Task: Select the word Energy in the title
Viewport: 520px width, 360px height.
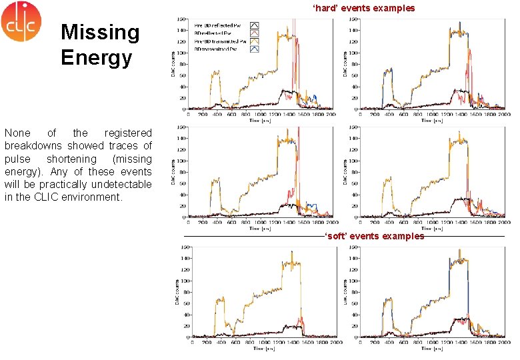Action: coord(96,57)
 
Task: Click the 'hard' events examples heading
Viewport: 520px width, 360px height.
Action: coord(364,8)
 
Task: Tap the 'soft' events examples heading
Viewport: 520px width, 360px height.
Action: coord(374,236)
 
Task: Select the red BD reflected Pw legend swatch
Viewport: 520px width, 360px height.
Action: coord(254,33)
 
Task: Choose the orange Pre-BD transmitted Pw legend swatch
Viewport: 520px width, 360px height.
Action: coord(254,41)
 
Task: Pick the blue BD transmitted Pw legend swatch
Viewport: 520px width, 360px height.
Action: coord(254,49)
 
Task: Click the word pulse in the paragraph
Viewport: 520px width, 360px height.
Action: coord(17,159)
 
